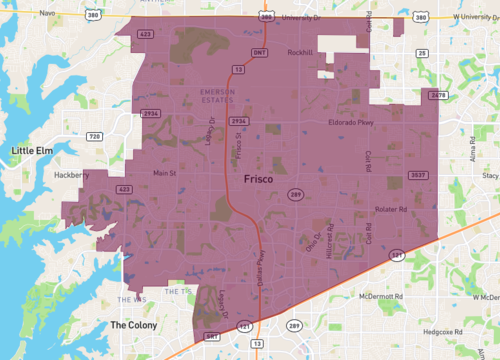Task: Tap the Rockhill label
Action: pyautogui.click(x=300, y=52)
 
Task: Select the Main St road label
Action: pyautogui.click(x=163, y=172)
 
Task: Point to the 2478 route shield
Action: pyautogui.click(x=436, y=95)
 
